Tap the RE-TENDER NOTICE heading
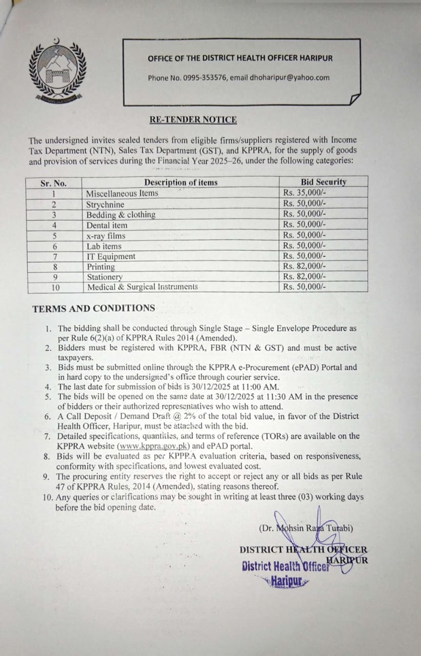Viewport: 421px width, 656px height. pos(193,120)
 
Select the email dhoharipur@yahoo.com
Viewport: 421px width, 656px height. pos(290,78)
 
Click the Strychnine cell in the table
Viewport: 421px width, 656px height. pos(105,204)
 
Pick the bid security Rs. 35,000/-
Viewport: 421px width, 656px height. pos(304,193)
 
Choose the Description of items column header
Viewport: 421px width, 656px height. pos(181,182)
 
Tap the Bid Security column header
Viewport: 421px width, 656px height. pos(323,182)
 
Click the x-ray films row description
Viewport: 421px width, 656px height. pos(106,236)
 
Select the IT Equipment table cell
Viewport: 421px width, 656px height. pos(111,256)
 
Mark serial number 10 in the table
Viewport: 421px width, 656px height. pos(55,288)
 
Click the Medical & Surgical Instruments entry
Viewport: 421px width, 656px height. pos(142,287)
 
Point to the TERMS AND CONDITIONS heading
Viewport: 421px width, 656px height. pos(93,309)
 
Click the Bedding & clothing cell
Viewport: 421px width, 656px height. pos(121,215)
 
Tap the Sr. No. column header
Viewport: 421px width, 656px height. pos(53,183)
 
